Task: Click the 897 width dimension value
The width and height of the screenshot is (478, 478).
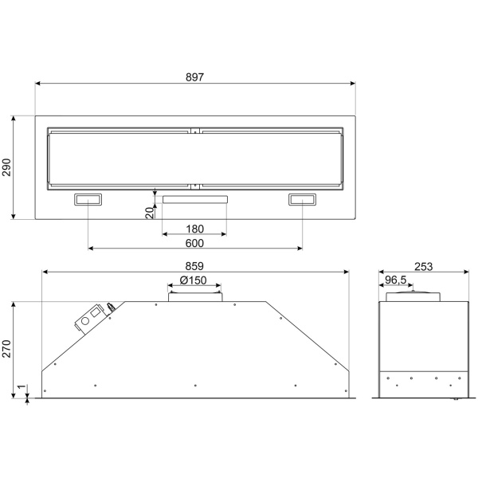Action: (x=194, y=77)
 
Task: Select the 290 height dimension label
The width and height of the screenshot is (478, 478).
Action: (x=6, y=167)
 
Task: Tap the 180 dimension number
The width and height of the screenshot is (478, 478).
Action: (x=194, y=229)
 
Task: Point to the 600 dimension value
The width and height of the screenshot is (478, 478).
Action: (x=194, y=243)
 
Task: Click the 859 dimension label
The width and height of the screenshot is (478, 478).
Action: (x=194, y=266)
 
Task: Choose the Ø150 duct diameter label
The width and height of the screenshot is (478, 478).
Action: (x=194, y=280)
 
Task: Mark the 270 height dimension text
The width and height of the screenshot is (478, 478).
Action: (x=6, y=349)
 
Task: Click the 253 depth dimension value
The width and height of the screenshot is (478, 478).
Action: (x=424, y=267)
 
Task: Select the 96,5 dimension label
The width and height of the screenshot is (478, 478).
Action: (x=396, y=280)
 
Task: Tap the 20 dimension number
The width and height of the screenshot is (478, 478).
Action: (x=150, y=213)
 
